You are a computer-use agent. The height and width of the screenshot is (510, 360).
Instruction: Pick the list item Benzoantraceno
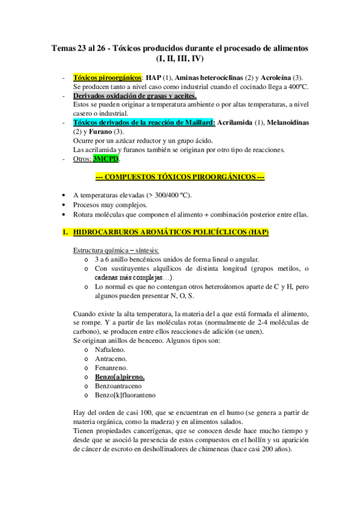[119, 386]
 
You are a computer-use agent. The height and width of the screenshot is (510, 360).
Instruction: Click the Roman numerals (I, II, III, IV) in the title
[180, 58]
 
